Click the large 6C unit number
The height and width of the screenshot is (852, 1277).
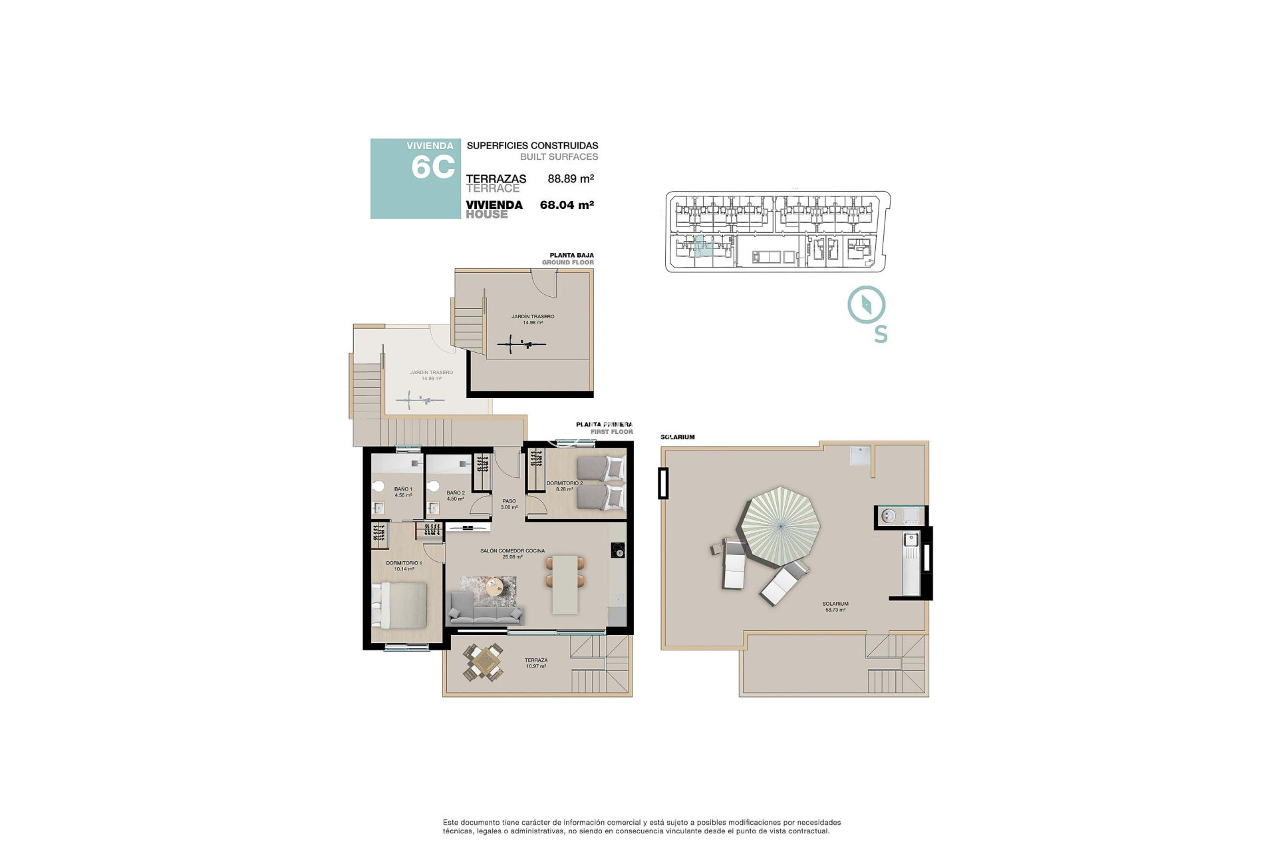(x=432, y=167)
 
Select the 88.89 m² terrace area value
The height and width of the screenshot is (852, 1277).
(x=570, y=178)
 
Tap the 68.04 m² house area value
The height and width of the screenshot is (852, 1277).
(x=567, y=205)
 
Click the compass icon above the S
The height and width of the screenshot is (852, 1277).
(x=866, y=305)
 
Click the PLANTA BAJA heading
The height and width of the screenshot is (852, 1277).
(x=571, y=255)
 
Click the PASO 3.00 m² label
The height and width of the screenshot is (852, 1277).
(x=509, y=504)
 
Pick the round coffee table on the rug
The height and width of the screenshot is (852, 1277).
(x=495, y=587)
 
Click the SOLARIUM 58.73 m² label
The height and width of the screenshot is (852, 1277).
(x=836, y=606)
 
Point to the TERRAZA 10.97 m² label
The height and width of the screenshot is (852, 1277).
(x=536, y=663)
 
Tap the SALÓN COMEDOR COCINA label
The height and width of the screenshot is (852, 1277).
(x=512, y=553)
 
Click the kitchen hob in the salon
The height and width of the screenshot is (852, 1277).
(x=617, y=550)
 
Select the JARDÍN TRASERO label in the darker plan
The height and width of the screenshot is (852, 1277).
(x=532, y=319)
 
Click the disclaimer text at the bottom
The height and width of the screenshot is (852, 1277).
(x=642, y=827)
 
